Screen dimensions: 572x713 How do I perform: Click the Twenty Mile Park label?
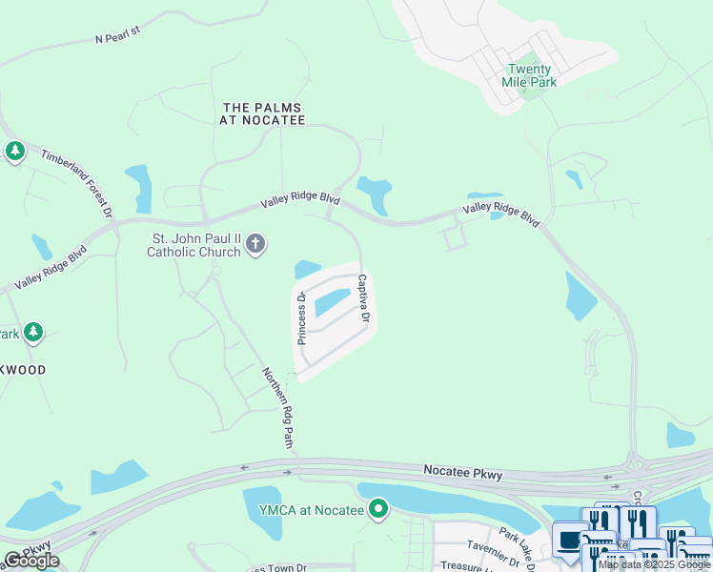[x=529, y=75]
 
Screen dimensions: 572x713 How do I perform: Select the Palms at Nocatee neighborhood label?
[x=263, y=113]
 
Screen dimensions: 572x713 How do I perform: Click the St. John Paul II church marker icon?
[x=255, y=245]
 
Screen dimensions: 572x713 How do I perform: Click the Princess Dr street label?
[x=300, y=317]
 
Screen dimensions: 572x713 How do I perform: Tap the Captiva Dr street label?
[x=362, y=298]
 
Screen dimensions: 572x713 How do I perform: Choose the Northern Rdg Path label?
[x=277, y=408]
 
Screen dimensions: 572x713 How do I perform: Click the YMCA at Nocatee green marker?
[x=378, y=509]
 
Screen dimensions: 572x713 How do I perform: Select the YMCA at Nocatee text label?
[x=311, y=510]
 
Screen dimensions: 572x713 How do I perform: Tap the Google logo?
[x=31, y=561]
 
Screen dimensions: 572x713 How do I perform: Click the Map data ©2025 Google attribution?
[x=654, y=564]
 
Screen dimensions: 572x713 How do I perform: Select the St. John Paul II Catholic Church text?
[x=196, y=246]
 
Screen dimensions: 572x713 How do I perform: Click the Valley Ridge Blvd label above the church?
[x=301, y=202]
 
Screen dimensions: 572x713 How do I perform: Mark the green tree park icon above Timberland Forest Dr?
[x=14, y=151]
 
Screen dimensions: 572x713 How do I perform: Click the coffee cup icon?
[x=570, y=539]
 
